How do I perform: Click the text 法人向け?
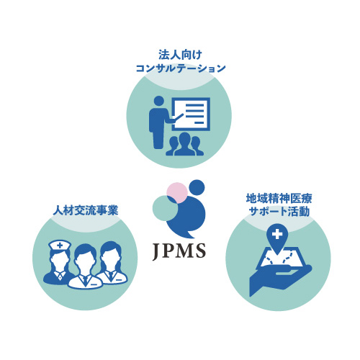click(180, 55)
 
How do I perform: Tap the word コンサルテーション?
click(181, 68)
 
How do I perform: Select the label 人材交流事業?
click(86, 210)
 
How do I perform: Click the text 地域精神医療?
click(279, 199)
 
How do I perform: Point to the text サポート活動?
click(279, 212)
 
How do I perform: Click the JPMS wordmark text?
click(179, 251)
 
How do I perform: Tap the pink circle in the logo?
click(177, 193)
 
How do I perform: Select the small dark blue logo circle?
click(197, 187)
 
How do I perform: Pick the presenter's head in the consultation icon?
click(158, 101)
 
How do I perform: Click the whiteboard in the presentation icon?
click(192, 114)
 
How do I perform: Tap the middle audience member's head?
click(184, 138)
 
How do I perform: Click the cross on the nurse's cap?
click(60, 246)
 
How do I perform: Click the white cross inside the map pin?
click(277, 234)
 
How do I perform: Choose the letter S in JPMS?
click(201, 251)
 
